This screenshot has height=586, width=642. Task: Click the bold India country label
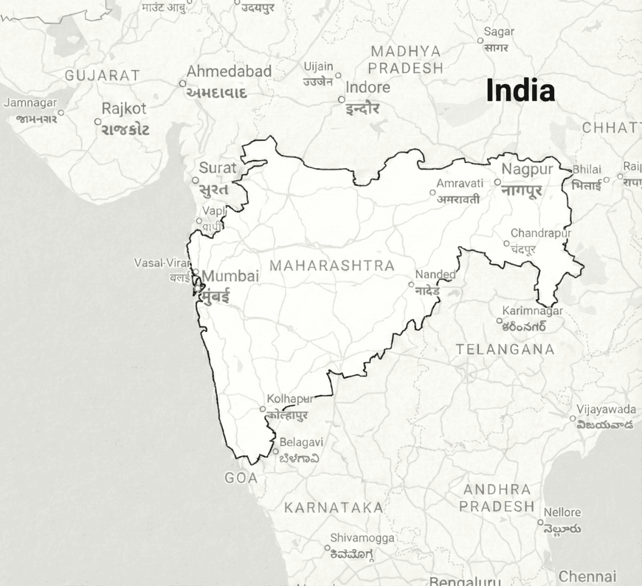tap(520, 91)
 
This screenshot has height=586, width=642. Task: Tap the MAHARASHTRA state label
tap(331, 266)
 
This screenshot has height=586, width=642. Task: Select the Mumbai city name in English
tap(230, 276)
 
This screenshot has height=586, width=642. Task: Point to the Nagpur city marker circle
tap(497, 182)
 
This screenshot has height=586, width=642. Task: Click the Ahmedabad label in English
tap(229, 72)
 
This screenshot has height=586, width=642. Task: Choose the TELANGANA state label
tap(505, 349)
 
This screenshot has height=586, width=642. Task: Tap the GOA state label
tap(241, 478)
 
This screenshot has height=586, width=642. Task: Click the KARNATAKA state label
tap(334, 508)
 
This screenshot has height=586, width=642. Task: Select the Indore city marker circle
tap(341, 99)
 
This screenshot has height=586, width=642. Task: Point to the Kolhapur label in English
tap(290, 399)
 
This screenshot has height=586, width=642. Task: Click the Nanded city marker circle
tap(411, 284)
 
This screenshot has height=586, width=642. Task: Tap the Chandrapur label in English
tap(541, 233)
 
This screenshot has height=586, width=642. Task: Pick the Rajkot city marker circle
tap(97, 122)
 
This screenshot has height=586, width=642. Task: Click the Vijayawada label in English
tap(606, 409)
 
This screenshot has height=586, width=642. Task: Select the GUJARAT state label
tap(102, 75)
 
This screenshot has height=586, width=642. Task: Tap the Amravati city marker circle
tap(433, 193)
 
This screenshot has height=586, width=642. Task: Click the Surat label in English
tap(218, 168)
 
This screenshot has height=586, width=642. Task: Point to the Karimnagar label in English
tap(532, 311)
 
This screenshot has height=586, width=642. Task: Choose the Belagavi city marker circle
tap(275, 452)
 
